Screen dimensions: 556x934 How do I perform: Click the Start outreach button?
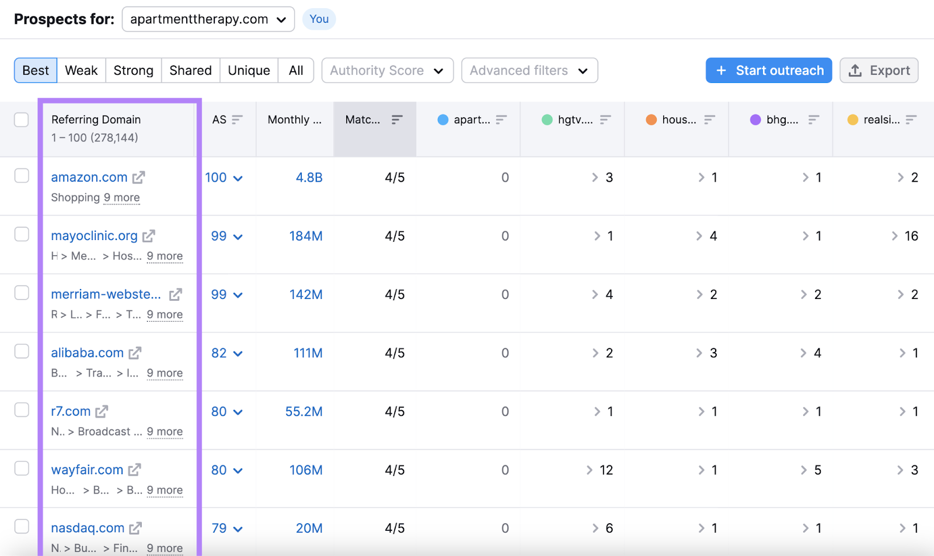(x=768, y=71)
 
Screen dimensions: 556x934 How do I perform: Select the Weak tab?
(x=81, y=71)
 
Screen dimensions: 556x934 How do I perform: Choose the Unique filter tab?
(x=249, y=71)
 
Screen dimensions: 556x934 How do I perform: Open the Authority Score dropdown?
(x=387, y=71)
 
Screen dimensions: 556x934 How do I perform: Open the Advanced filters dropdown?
(x=529, y=71)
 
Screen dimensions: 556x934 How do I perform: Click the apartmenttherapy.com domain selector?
(x=208, y=19)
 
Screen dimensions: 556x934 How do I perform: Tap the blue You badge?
(x=319, y=19)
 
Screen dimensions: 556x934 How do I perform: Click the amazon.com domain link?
(x=89, y=178)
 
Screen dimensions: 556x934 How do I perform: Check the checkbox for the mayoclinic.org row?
(x=22, y=234)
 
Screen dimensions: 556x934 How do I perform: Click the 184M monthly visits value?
(x=306, y=237)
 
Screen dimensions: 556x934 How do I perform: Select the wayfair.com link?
(x=87, y=470)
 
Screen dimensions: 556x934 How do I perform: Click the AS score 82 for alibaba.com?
(x=219, y=353)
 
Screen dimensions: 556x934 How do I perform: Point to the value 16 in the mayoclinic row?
(x=911, y=237)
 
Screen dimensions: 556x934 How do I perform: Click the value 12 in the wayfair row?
(x=606, y=470)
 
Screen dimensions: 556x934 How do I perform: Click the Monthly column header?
(x=294, y=120)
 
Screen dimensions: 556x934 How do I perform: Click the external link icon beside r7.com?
(x=102, y=412)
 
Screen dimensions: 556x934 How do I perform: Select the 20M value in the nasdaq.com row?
(x=309, y=529)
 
